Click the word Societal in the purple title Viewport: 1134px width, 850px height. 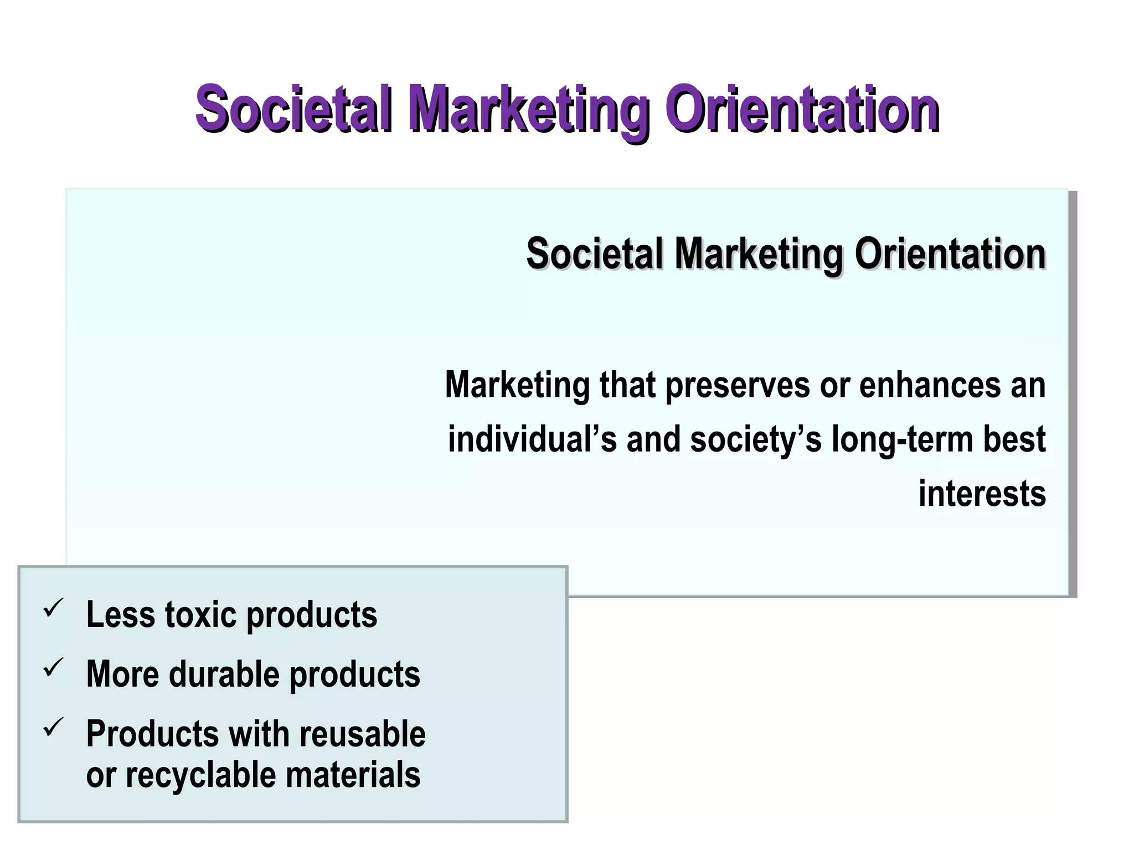293,108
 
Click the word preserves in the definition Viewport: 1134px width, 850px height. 737,385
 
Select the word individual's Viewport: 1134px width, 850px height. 532,439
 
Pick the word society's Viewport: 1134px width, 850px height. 755,440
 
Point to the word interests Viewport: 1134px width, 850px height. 982,494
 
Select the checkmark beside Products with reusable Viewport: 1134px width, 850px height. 54,728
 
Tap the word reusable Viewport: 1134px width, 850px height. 363,734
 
